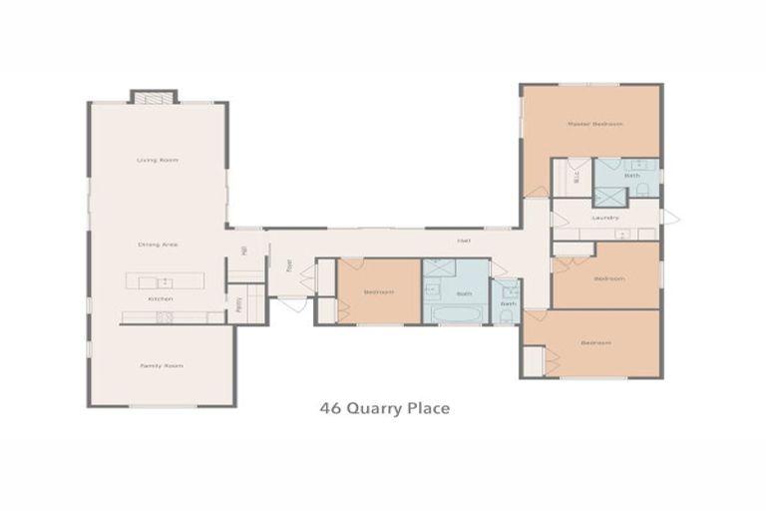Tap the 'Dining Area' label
pos(158,244)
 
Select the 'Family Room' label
pos(161,366)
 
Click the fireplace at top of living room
pos(153,97)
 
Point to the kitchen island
pos(164,279)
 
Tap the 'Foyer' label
pos(289,266)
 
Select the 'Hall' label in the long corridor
pos(464,241)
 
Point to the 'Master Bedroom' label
pos(594,124)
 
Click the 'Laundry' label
pos(605,217)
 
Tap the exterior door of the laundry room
pos(670,217)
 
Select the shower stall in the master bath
pos(610,197)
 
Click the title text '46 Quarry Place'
pos(384,408)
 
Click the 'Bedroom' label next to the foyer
pos(378,292)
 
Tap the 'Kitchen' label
pos(161,298)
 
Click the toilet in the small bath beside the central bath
pos(508,315)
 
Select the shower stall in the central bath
pos(440,268)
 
